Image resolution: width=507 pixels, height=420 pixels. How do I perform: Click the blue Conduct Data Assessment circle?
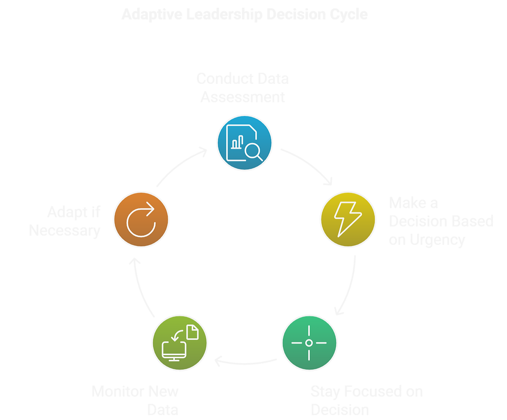[244, 142]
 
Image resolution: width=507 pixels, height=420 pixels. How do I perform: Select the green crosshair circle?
[309, 342]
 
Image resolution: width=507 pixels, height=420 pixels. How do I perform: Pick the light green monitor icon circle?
[179, 342]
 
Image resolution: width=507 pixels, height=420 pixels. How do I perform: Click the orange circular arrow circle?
[141, 218]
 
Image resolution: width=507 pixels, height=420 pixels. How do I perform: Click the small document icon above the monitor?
[192, 332]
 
